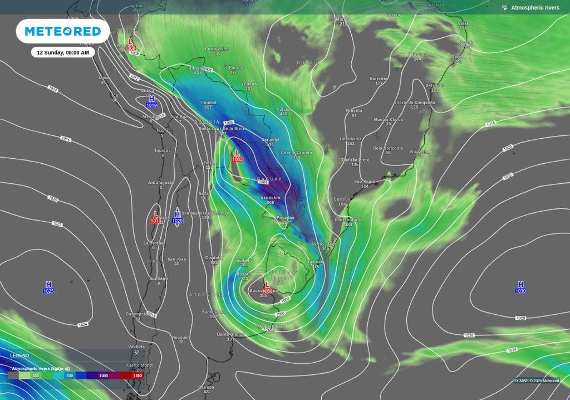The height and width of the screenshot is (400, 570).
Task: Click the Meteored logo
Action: (62, 31)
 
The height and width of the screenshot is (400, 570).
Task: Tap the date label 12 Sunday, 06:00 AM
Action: (62, 52)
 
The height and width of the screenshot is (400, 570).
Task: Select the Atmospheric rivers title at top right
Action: (535, 7)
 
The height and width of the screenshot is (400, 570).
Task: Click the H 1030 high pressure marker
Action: (520, 287)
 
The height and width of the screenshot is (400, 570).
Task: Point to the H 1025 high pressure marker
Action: (48, 287)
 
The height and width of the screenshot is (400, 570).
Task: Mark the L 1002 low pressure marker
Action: (237, 155)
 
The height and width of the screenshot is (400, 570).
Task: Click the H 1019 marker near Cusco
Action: (151, 101)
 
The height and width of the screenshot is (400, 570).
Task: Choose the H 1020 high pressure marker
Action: (177, 217)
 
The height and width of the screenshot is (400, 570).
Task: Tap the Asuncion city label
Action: (271, 198)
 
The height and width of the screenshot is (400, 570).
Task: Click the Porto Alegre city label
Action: (325, 244)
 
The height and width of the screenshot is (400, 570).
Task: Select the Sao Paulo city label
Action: (365, 182)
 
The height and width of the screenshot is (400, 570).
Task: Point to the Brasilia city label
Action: (353, 111)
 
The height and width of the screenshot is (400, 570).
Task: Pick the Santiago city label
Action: (159, 278)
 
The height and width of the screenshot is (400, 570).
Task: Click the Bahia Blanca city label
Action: (230, 334)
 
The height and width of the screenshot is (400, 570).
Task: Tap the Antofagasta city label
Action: (161, 182)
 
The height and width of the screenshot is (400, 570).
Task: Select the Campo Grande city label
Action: (297, 152)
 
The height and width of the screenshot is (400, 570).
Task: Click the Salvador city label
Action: (435, 85)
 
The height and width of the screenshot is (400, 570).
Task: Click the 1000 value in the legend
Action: (104, 375)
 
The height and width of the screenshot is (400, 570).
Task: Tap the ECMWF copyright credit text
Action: (536, 381)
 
